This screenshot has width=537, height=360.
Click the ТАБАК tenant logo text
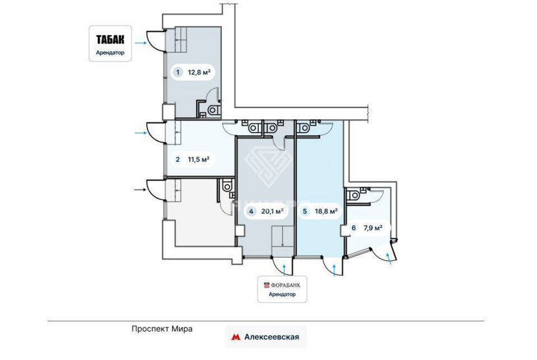click(x=110, y=39)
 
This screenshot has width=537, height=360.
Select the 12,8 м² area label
click(x=199, y=73)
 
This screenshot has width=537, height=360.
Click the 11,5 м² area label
click(x=199, y=159)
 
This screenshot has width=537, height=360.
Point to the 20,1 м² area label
click(x=272, y=211)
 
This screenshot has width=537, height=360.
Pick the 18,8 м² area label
click(x=326, y=211)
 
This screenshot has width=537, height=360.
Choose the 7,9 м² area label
click(x=373, y=228)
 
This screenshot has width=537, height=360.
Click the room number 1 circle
click(x=177, y=73)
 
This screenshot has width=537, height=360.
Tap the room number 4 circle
click(x=252, y=211)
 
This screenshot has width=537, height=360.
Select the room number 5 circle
click(x=305, y=211)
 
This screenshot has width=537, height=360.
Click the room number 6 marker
click(x=354, y=228)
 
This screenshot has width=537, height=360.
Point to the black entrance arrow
click(x=140, y=189)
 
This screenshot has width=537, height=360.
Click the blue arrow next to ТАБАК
click(x=140, y=43)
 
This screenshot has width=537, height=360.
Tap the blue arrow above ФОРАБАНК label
click(x=285, y=270)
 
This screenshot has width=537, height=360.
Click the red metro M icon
click(x=236, y=337)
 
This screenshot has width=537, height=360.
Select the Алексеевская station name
click(x=272, y=337)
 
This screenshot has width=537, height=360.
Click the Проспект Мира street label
click(x=162, y=329)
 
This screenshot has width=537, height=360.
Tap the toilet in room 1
click(x=214, y=111)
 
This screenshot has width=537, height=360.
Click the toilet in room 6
click(x=353, y=196)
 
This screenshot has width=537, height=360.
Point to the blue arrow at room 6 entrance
click(x=389, y=259)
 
